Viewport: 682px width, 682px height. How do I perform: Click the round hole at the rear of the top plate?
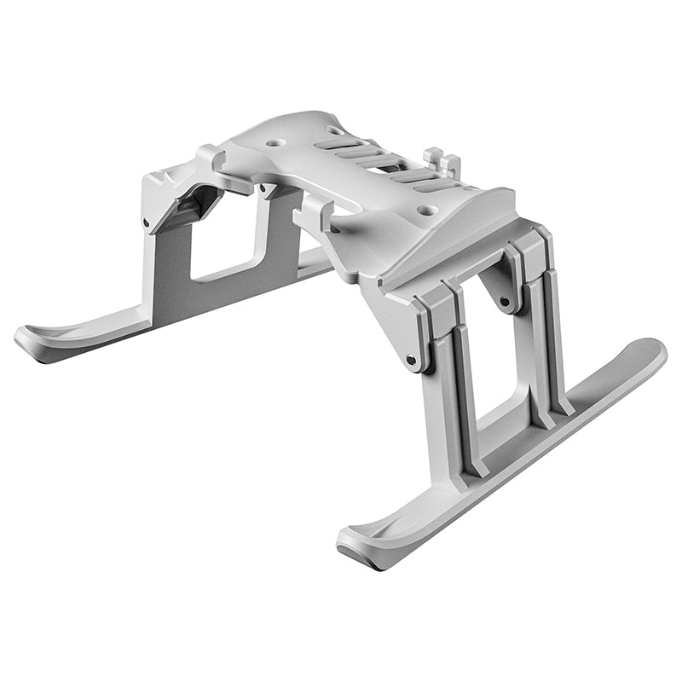point(276,143)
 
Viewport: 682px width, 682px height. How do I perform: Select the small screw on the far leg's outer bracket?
point(147,223)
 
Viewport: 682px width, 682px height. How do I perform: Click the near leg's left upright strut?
point(452,401)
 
